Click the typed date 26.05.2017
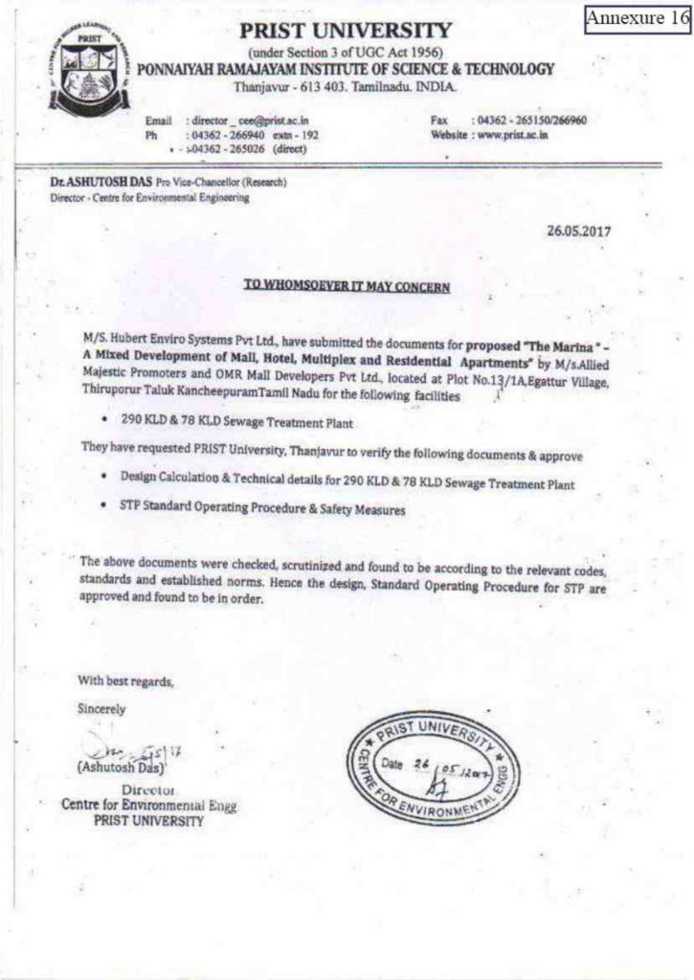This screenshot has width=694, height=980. click(578, 231)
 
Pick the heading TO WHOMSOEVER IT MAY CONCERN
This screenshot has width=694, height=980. click(347, 286)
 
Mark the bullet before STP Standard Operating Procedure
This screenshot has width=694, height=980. click(102, 510)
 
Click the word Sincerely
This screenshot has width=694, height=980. click(101, 709)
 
